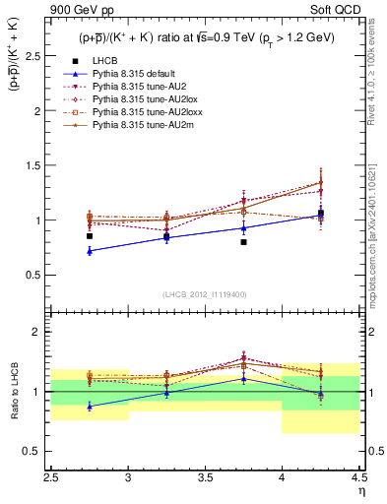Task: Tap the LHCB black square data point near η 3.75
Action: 243,242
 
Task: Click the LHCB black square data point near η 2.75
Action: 90,236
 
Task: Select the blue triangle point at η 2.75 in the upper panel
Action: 90,251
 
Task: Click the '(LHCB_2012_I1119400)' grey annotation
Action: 204,294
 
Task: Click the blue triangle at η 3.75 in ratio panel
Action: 243,378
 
